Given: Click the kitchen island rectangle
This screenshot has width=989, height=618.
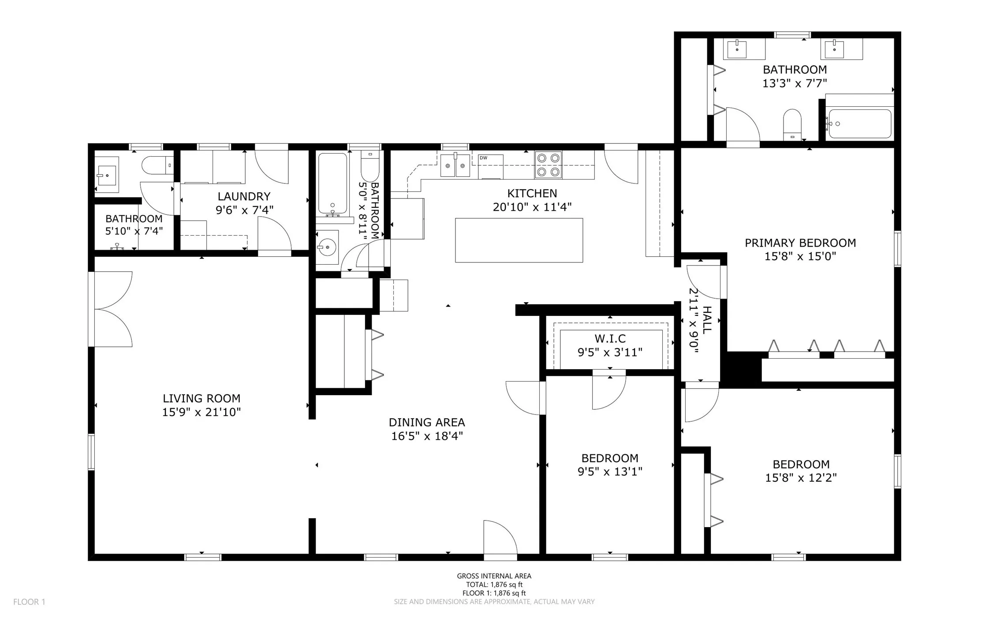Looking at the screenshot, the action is (519, 240).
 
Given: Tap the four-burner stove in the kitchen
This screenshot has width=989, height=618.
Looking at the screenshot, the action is (548, 165).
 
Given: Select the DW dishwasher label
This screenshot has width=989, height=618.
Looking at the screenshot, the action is (483, 158).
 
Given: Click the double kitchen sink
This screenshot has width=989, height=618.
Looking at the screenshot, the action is (455, 165).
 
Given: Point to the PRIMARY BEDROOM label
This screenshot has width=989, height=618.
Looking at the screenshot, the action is (800, 243).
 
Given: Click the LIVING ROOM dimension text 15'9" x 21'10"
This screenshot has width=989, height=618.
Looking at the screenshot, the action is (202, 412).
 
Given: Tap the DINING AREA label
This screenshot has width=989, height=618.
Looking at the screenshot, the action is (427, 422).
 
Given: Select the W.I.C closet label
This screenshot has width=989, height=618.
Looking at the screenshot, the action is (610, 338).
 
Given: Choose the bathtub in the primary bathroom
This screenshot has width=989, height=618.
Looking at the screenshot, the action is (860, 124).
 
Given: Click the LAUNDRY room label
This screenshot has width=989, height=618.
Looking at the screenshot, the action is (244, 196).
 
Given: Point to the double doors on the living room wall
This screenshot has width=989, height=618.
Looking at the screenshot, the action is (110, 309).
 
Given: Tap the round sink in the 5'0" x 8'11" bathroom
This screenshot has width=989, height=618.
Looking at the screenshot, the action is (327, 247).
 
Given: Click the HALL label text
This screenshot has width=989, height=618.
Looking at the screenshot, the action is (706, 320).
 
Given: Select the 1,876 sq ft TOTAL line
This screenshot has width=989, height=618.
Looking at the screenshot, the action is (494, 584).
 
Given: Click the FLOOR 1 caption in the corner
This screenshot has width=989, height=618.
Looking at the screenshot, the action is (29, 602).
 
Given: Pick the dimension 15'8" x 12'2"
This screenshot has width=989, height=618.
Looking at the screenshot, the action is (801, 478).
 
